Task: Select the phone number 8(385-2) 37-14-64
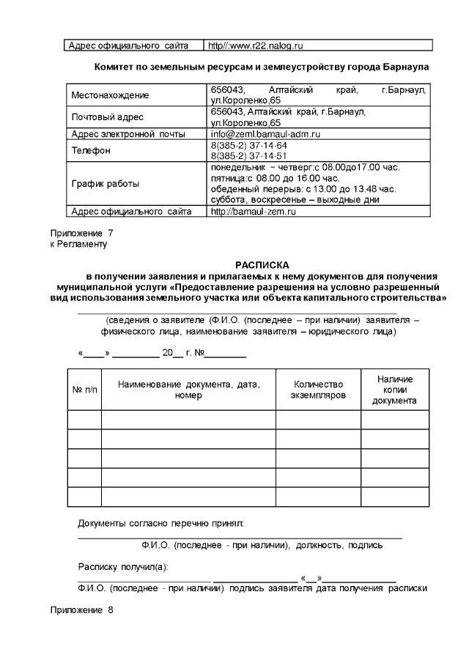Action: coord(248,145)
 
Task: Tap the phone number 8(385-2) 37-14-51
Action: coord(248,155)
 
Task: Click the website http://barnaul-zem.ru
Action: coord(253,211)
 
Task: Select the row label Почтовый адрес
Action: coord(107,117)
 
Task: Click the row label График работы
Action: coord(105,184)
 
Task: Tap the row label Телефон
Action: coord(91,151)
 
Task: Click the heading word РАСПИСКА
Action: coord(262,264)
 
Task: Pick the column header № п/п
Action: coord(84,390)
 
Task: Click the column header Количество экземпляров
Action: coord(318,390)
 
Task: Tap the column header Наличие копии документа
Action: coord(394,390)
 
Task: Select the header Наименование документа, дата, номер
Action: coord(188,390)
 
